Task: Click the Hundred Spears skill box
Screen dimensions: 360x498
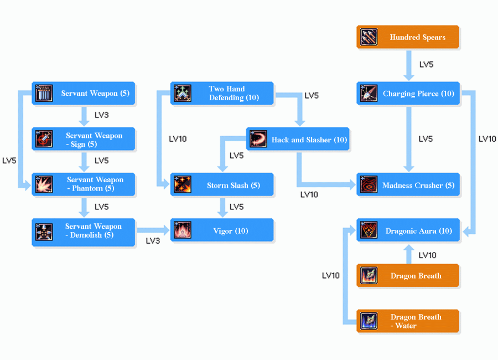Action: (x=408, y=37)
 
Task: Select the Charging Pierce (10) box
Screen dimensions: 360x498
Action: (x=408, y=94)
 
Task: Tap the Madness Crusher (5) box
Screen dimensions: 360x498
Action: (x=408, y=185)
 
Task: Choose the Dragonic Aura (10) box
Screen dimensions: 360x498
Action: (x=408, y=230)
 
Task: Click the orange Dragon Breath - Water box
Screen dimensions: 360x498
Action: (x=408, y=321)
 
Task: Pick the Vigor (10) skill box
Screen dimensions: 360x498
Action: (x=221, y=230)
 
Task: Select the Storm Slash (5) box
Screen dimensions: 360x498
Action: (x=221, y=185)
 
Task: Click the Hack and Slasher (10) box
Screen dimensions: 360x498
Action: (x=298, y=140)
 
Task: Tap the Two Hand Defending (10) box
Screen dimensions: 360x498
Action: (x=221, y=94)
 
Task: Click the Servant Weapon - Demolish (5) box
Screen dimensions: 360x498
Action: (x=84, y=231)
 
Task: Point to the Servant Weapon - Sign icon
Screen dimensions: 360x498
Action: (x=44, y=139)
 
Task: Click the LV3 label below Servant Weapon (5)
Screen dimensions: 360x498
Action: (x=102, y=115)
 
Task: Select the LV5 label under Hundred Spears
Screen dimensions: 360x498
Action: (x=426, y=64)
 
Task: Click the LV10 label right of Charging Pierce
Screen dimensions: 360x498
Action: (x=487, y=139)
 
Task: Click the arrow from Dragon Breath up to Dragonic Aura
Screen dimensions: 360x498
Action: (x=408, y=254)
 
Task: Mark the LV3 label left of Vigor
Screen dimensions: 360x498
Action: (x=153, y=241)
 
